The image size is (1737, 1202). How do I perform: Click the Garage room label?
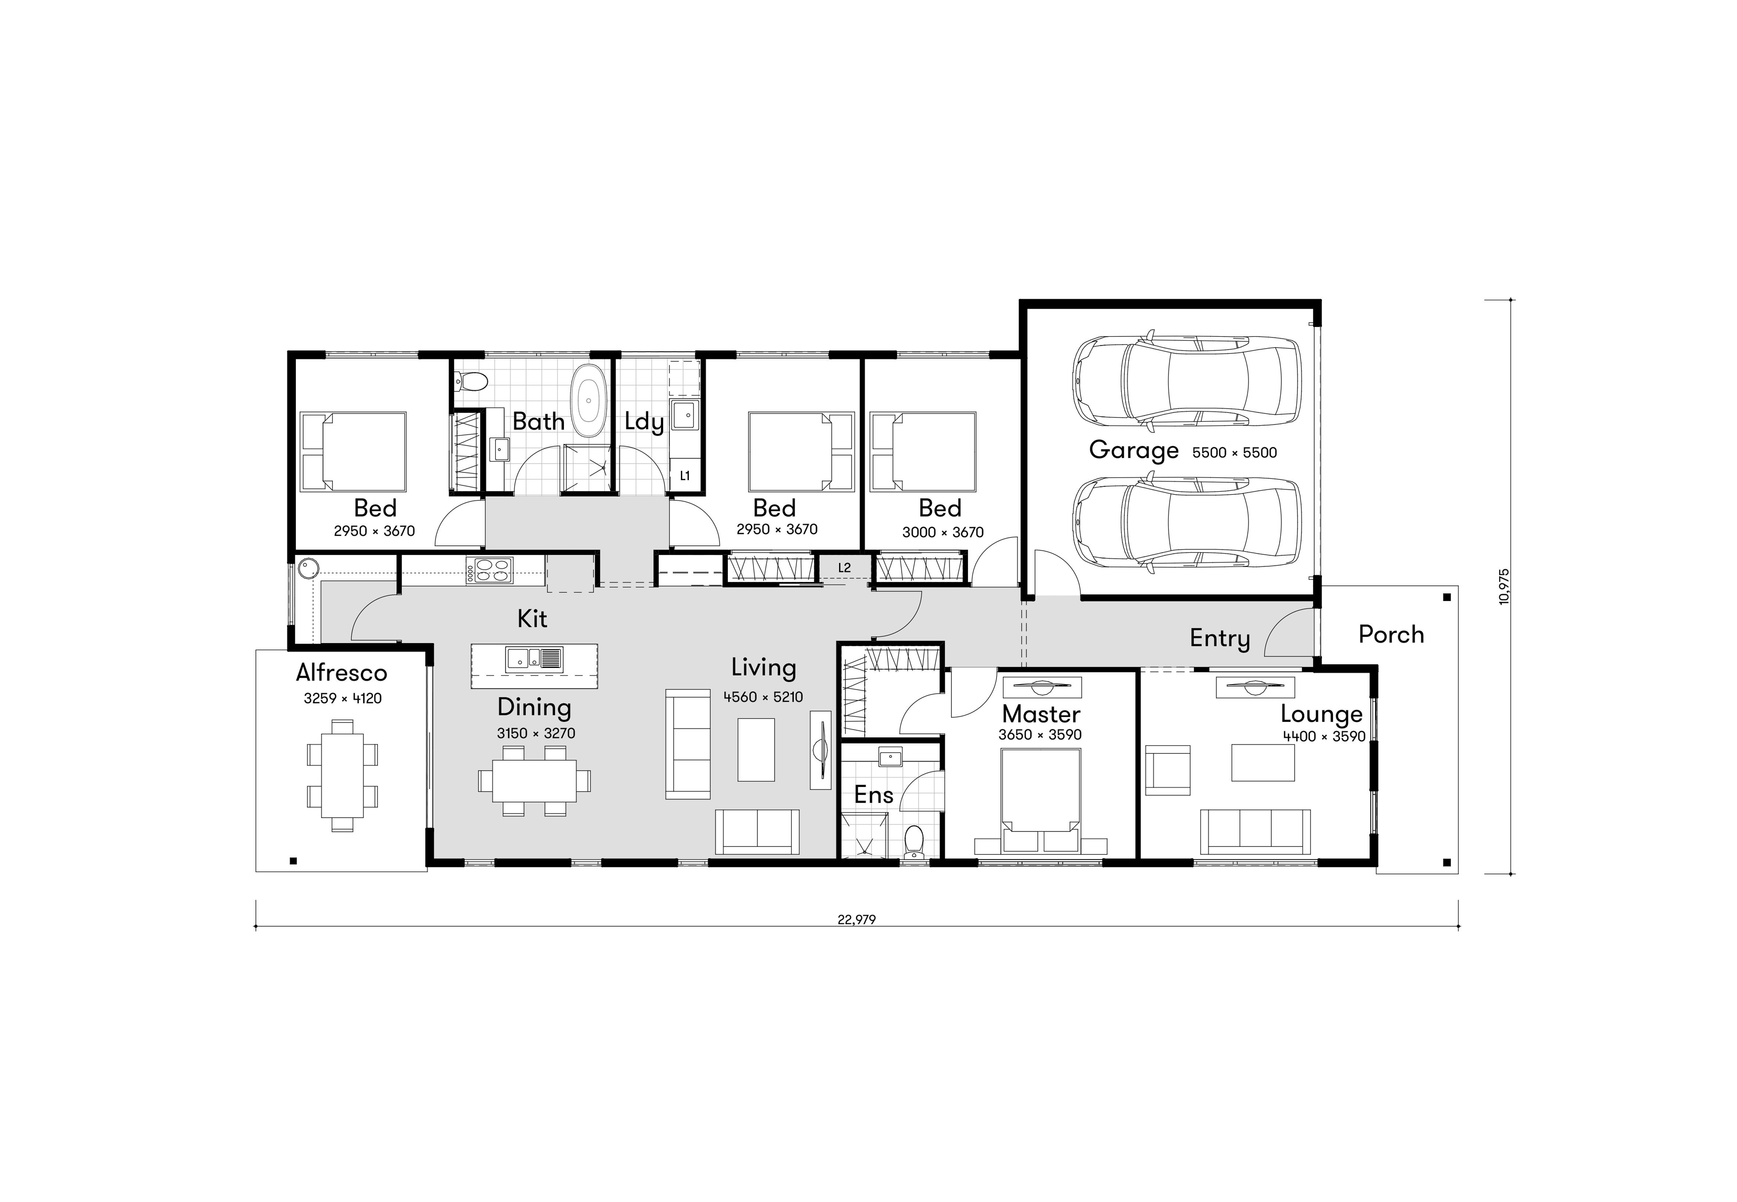pyautogui.click(x=1133, y=450)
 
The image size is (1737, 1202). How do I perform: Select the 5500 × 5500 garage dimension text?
pyautogui.click(x=1234, y=453)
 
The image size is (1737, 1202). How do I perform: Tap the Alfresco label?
pyautogui.click(x=342, y=673)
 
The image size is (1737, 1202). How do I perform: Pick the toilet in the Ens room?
pyautogui.click(x=914, y=842)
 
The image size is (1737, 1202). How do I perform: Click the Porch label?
pyautogui.click(x=1391, y=635)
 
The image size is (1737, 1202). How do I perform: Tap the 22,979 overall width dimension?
pyautogui.click(x=857, y=920)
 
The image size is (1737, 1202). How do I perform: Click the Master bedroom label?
pyautogui.click(x=1041, y=714)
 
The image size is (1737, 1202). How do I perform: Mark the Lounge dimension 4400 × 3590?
pyautogui.click(x=1324, y=737)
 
